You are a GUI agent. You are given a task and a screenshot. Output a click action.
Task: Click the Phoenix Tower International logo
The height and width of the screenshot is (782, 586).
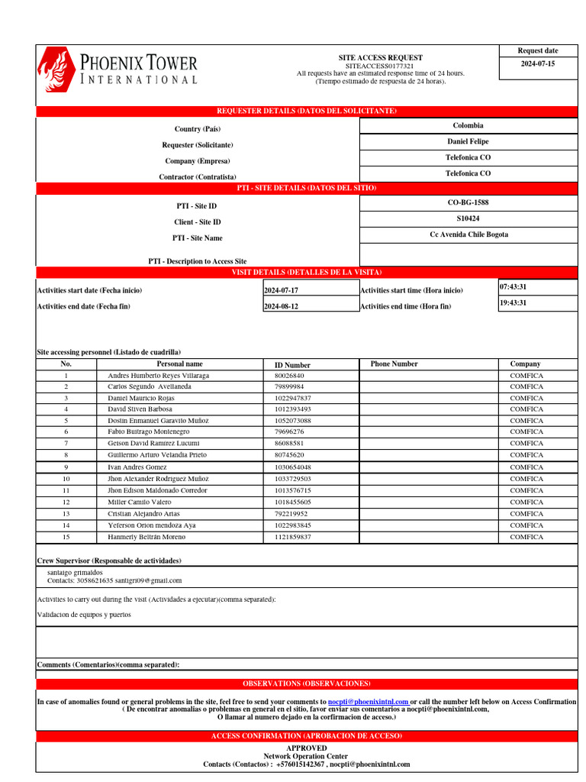click(118, 69)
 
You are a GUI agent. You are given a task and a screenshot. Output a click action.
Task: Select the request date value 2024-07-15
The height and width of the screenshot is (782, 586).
click(538, 64)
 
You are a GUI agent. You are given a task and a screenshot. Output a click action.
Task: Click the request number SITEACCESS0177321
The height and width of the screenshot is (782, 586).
click(380, 66)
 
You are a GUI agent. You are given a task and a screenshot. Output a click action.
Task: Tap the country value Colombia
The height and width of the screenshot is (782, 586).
click(468, 125)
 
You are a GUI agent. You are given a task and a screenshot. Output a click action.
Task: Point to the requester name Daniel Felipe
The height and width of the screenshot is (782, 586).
click(468, 141)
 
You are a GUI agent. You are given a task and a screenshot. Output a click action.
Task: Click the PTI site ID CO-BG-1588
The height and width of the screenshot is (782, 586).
click(468, 202)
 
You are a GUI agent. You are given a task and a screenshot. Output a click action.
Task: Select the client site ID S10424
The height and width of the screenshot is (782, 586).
click(468, 218)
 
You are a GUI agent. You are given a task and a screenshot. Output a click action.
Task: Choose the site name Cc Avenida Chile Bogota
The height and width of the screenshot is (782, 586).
click(468, 234)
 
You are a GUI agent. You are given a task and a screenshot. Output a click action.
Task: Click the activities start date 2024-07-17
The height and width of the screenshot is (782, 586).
click(282, 291)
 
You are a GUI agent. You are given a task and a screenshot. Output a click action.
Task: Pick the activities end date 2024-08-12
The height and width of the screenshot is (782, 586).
click(282, 307)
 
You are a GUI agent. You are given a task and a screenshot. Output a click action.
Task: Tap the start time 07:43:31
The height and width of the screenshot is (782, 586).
click(514, 287)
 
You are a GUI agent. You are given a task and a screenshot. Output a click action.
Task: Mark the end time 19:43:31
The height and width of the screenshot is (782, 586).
click(514, 303)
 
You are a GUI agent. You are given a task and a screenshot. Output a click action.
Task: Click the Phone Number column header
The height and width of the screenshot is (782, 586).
click(394, 364)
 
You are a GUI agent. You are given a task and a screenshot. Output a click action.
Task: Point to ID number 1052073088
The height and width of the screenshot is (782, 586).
click(293, 421)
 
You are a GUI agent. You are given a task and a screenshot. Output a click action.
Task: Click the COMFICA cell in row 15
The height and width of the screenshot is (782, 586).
click(526, 537)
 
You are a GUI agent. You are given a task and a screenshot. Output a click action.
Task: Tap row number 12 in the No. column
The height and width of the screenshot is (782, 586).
click(66, 502)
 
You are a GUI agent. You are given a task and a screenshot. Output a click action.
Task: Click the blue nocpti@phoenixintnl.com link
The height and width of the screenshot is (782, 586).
click(369, 701)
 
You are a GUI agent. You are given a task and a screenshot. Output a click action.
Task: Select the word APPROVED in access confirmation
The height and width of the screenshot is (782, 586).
click(306, 748)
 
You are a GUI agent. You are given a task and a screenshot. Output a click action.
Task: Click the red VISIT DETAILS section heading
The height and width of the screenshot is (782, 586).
click(306, 273)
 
